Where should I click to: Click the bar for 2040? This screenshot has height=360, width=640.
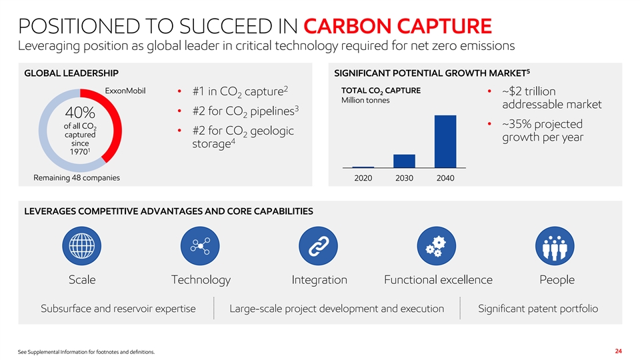coord(445,141)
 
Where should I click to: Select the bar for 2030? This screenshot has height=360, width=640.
coord(404,161)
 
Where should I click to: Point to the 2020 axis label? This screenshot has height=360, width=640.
coord(363,178)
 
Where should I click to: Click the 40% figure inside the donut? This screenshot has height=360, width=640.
coord(80,112)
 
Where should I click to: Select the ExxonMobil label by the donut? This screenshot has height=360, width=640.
coord(125,91)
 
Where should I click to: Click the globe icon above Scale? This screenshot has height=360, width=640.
coord(81,246)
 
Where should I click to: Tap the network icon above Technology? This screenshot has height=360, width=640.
coord(200,246)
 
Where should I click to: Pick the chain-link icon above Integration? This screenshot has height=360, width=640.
coord(319,246)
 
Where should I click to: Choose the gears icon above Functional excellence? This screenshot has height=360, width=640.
coord(436,246)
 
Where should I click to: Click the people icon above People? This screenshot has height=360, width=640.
coord(555,246)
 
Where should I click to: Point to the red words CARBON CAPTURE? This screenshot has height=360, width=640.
coord(397,26)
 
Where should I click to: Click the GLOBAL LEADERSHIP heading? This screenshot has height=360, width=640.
coord(71,73)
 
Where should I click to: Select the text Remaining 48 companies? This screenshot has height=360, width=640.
coord(77,177)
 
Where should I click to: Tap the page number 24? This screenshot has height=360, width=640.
coord(619,351)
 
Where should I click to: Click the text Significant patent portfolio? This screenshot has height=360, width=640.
coord(538,309)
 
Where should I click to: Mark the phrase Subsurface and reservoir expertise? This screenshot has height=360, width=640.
coord(118,309)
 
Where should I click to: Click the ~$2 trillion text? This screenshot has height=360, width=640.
coord(529,91)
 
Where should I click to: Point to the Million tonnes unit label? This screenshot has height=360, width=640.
coord(365,100)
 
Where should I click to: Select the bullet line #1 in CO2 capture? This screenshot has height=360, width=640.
coord(240,91)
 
